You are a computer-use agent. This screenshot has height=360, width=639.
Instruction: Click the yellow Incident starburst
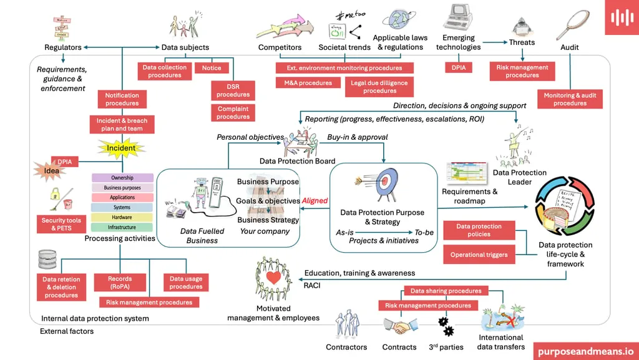coord(121,148)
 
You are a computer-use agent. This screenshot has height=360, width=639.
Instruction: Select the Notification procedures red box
coord(122,99)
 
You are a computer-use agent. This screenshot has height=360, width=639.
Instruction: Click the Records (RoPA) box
coord(120,283)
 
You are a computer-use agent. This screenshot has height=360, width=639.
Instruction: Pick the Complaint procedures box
coord(233,113)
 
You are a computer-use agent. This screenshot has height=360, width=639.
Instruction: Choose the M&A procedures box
coord(308,82)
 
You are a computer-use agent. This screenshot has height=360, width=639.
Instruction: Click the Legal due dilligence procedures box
coord(379,87)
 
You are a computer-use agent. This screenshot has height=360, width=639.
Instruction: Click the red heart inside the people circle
coord(272,277)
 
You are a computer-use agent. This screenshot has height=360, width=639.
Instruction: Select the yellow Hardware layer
coord(122,217)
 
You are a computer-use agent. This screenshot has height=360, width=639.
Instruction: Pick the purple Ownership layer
coord(122,178)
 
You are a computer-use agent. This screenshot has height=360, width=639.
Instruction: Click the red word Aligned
coord(315,201)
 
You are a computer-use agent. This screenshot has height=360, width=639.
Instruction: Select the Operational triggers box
coord(479,255)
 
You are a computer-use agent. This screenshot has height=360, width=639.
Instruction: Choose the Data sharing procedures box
coord(446,291)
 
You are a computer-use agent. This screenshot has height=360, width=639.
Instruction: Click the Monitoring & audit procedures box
coord(570,99)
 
